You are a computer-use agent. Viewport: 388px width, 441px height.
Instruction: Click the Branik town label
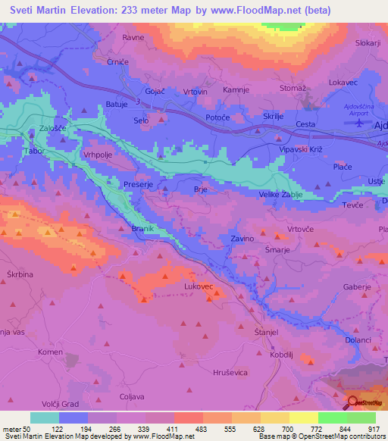point(142,229)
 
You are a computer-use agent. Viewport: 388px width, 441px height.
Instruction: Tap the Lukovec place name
point(200,287)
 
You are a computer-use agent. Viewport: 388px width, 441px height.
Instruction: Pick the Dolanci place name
point(358,340)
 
